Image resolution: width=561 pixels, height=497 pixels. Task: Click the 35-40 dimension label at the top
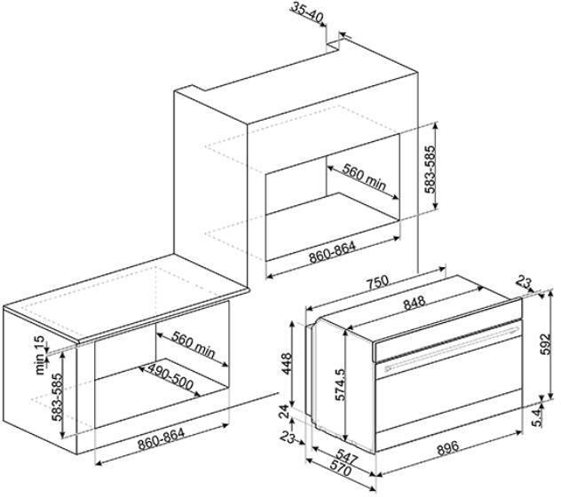[306, 12]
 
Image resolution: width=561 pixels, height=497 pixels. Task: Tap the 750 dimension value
[377, 281]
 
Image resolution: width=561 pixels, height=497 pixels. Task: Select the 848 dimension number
[415, 303]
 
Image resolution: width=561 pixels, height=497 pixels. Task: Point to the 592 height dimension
[545, 344]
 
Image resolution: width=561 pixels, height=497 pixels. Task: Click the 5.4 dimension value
[538, 417]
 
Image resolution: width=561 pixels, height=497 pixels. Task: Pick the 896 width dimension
[447, 448]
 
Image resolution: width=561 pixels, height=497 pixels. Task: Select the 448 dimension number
[287, 364]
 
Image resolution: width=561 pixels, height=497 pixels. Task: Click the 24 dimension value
[284, 412]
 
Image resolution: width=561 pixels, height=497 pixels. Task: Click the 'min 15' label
[40, 355]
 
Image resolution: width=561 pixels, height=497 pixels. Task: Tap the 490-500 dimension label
[170, 377]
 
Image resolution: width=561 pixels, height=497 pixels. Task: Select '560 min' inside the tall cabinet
[364, 177]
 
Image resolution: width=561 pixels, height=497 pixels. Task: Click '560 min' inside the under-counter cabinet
[194, 345]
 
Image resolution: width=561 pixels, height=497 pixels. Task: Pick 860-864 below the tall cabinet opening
[332, 253]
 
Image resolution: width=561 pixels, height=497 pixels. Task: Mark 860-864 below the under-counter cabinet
[162, 439]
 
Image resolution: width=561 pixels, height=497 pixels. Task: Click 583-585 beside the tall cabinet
[431, 170]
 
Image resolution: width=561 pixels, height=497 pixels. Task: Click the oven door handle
[452, 349]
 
